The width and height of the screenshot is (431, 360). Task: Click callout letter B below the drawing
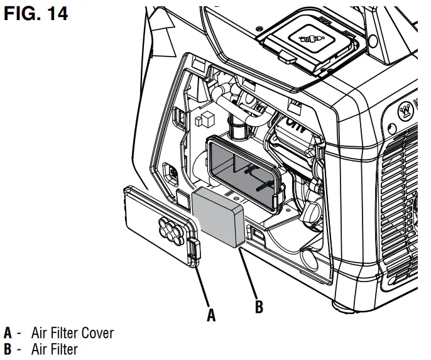click(x=258, y=307)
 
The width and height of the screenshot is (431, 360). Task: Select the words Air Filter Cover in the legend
click(x=73, y=332)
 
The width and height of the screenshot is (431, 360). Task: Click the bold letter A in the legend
click(x=8, y=332)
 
